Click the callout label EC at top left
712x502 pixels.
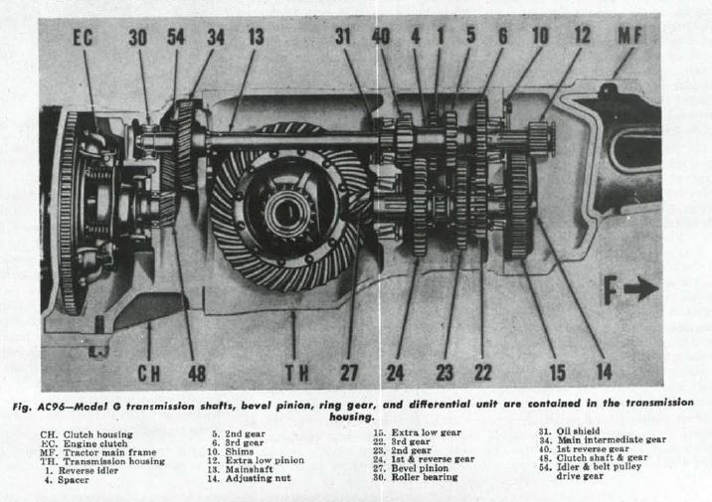point(84,38)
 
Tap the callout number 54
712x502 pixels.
point(176,37)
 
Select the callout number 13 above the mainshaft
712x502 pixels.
point(257,37)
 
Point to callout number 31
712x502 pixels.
point(343,37)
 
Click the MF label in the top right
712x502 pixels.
point(630,36)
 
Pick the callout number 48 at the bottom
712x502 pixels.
point(197,374)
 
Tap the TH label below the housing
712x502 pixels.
point(297,373)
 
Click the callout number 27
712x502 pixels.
point(349,373)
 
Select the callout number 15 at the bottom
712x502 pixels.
point(558,373)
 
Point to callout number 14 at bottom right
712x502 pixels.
point(605,372)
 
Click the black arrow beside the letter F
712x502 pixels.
point(641,288)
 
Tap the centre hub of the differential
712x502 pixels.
point(286,212)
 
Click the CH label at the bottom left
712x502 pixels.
point(149,374)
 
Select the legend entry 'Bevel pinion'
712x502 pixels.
point(420,468)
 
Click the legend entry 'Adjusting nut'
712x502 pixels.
point(259,478)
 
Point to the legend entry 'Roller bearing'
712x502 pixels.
point(425,477)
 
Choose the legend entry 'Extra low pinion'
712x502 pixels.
point(265,460)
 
